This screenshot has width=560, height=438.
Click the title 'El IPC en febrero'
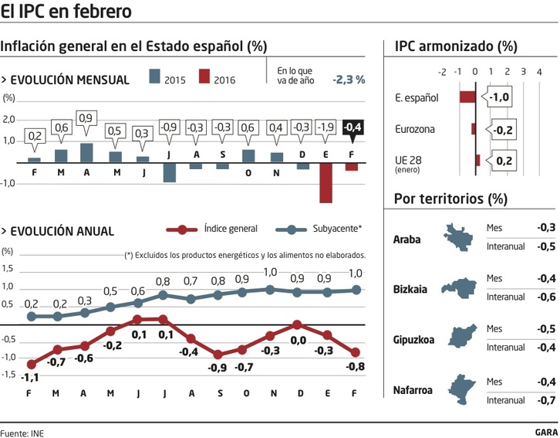click(66, 12)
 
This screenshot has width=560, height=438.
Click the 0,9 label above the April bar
click(86, 118)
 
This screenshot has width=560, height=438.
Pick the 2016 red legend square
click(204, 77)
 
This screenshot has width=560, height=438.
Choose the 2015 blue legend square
click(154, 77)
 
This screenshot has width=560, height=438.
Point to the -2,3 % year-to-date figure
click(349, 79)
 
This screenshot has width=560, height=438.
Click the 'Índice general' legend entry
click(230, 229)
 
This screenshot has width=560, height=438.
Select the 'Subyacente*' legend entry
click(337, 229)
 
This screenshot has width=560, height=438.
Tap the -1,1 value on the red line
click(29, 379)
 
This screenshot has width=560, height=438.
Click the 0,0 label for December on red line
click(298, 340)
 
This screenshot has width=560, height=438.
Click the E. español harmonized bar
click(467, 97)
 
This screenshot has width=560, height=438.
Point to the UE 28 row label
click(407, 161)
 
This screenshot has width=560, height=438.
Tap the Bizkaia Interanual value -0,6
click(546, 297)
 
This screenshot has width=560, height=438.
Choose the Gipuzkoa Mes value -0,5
click(546, 329)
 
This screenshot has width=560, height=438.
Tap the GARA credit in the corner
click(546, 432)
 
